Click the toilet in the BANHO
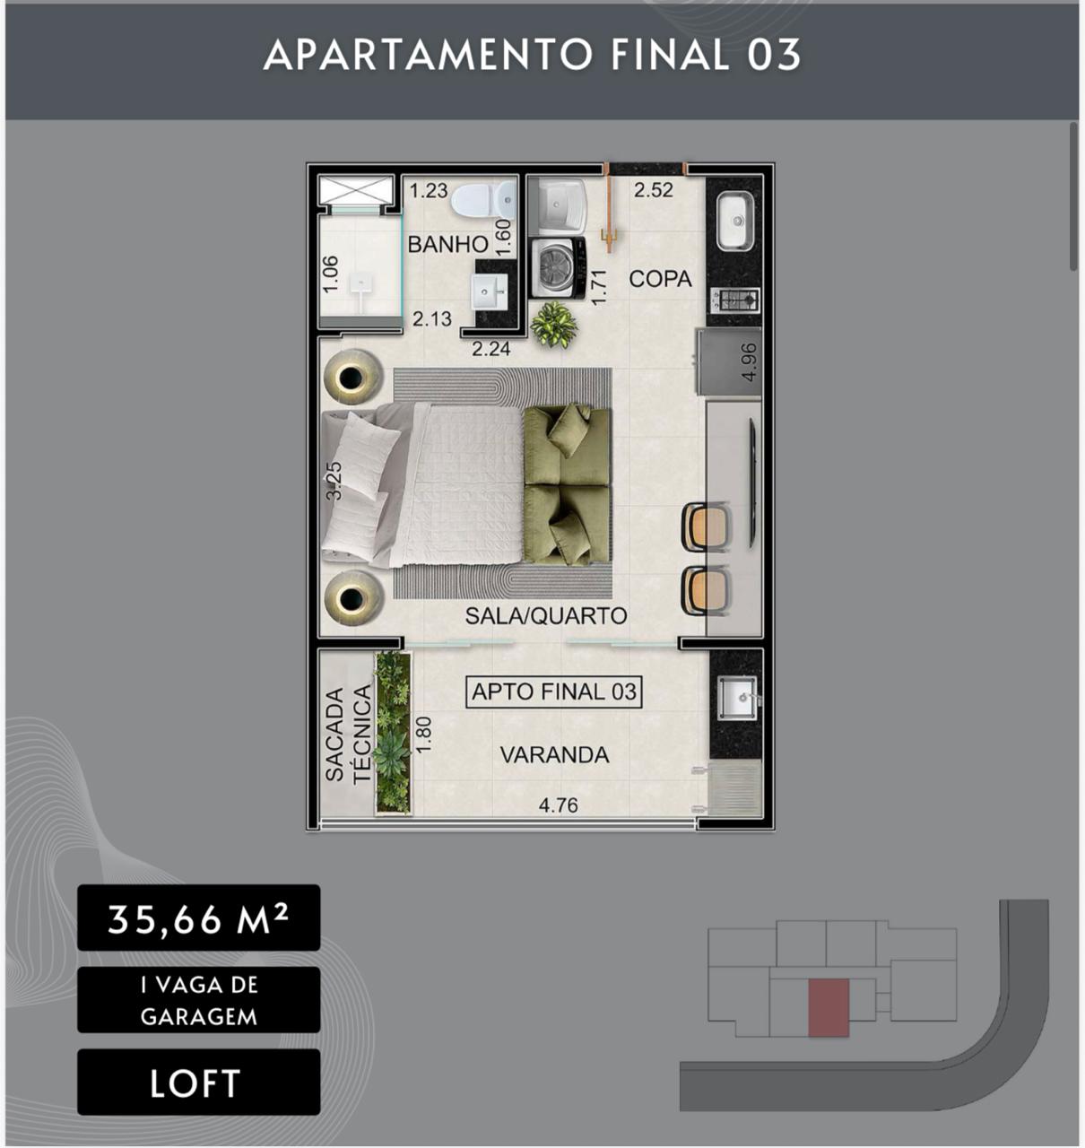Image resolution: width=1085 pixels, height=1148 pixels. point(483,199)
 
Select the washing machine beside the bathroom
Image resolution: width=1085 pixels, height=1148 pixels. point(558,268)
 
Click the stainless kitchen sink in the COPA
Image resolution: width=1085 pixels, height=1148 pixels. point(734,222)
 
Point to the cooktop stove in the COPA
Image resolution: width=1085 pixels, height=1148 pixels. point(734,300)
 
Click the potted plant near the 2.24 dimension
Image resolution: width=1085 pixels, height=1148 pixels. point(553,325)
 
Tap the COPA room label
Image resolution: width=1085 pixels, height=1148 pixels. point(660,279)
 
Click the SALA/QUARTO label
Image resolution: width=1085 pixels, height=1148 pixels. point(546,615)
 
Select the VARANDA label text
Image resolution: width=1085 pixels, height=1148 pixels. point(554,755)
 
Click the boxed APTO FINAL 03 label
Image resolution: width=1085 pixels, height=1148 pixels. point(553,692)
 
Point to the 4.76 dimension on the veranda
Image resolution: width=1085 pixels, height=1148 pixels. point(558,805)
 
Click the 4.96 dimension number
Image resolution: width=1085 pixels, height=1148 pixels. point(750,362)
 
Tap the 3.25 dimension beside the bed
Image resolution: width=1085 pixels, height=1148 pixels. point(334,481)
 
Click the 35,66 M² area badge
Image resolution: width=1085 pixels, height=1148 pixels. point(198,918)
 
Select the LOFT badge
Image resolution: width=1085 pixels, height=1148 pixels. point(198,1083)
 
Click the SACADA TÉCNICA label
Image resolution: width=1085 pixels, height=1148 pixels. point(348,735)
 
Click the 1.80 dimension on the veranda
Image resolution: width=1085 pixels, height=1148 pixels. point(424,735)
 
